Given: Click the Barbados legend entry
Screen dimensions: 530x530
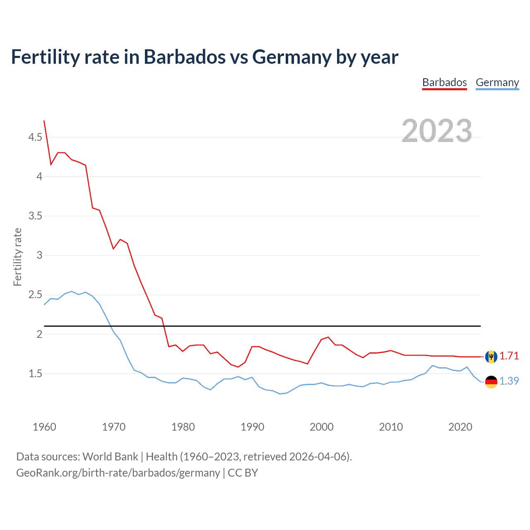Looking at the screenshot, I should click(x=444, y=82).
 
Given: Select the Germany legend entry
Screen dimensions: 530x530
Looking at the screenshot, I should click(x=497, y=82).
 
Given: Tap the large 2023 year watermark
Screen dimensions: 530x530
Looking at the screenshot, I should click(x=436, y=131).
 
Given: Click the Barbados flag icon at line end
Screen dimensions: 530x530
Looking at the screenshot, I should click(x=491, y=357).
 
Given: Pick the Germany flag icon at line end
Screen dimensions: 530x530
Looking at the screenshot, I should click(x=491, y=382).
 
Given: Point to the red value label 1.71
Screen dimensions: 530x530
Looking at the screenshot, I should click(x=509, y=356).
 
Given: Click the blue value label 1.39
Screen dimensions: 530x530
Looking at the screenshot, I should click(x=509, y=381).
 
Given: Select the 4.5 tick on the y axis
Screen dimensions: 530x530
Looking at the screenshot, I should click(x=35, y=137).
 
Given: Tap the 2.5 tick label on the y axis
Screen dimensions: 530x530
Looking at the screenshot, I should click(x=35, y=295).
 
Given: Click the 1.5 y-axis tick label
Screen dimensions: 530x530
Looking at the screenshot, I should click(x=35, y=374).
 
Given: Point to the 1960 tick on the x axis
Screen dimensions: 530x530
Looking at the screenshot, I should click(x=44, y=427).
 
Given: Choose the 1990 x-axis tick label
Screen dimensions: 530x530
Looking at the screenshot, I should click(x=252, y=427).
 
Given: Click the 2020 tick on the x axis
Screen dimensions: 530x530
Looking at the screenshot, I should click(x=460, y=427).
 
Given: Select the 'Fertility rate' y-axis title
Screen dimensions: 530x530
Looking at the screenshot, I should click(x=17, y=257).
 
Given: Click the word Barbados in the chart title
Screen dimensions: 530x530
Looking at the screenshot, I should click(x=184, y=57).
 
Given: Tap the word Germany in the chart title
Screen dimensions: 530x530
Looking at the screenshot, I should click(x=291, y=57).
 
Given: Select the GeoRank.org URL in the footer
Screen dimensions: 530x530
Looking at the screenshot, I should click(x=118, y=473).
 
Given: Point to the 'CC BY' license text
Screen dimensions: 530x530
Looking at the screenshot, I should click(x=243, y=473).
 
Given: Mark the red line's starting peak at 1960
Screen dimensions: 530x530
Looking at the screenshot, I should click(x=44, y=121).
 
